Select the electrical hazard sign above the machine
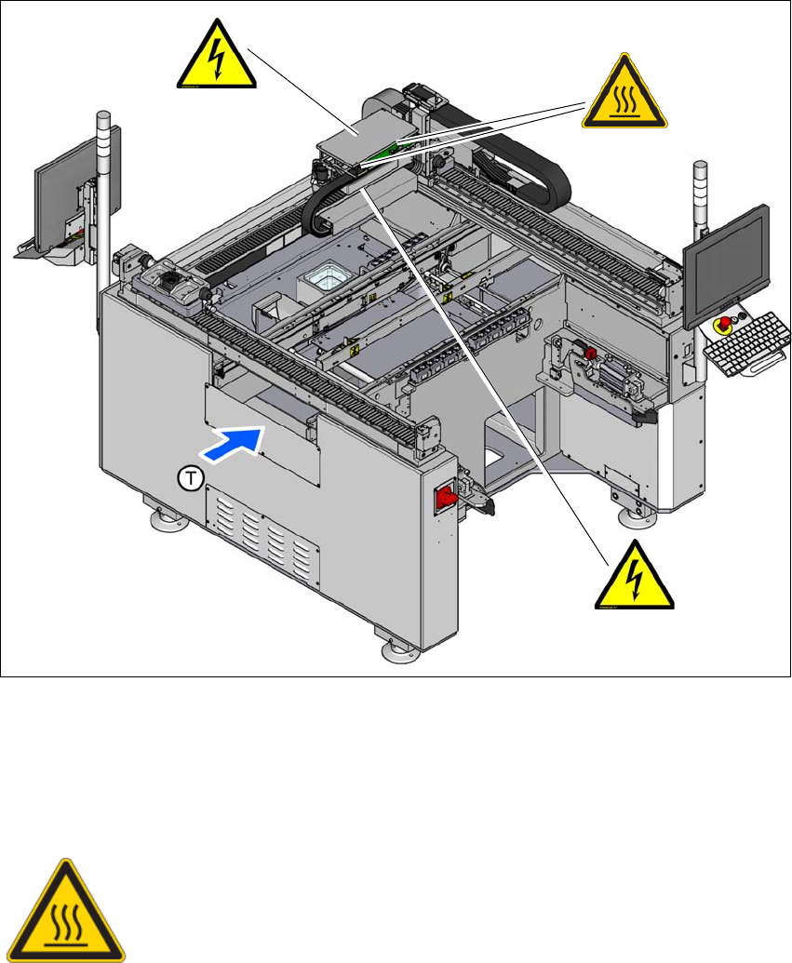click(215, 58)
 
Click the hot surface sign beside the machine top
click(624, 100)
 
